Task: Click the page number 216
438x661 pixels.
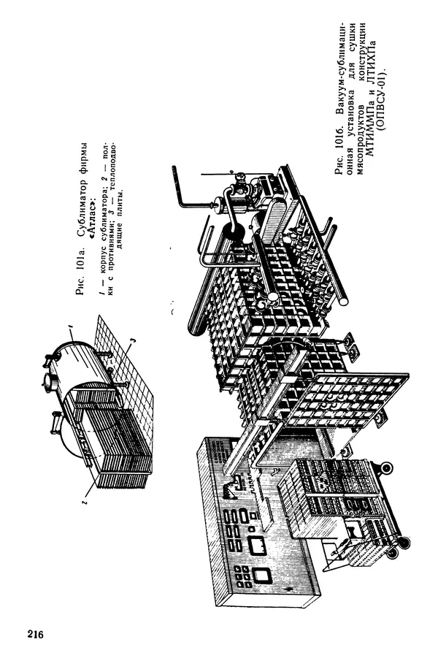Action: [36, 633]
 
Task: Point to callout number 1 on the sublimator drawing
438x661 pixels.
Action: [71, 326]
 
